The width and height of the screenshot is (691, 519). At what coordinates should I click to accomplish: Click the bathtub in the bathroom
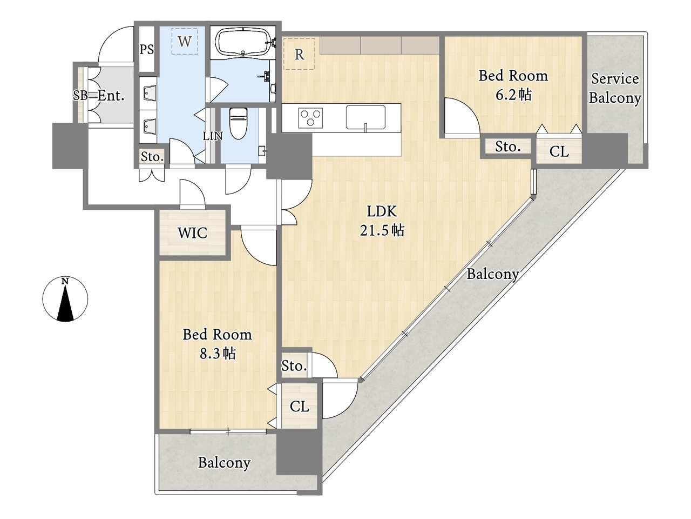click(243, 42)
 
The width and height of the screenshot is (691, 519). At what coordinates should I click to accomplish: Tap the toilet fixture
click(238, 123)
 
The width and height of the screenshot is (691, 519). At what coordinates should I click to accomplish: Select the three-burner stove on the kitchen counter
click(310, 117)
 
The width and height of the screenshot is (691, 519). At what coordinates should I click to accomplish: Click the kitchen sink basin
click(365, 117)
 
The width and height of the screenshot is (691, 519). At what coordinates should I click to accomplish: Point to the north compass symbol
click(65, 299)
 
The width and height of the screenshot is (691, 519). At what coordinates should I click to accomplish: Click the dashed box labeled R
click(299, 54)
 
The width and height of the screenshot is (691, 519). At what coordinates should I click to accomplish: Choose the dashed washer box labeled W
click(185, 41)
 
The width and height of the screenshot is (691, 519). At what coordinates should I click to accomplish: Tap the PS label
click(147, 50)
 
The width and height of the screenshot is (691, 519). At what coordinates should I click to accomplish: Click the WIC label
click(192, 233)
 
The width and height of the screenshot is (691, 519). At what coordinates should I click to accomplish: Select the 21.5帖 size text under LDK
click(382, 231)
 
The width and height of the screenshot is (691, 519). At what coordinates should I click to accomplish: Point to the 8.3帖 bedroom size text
click(218, 354)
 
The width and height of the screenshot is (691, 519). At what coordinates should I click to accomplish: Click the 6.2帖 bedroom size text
click(513, 94)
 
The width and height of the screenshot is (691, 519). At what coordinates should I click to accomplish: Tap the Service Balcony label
click(615, 89)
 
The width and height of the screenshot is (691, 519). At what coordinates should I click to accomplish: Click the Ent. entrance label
click(111, 96)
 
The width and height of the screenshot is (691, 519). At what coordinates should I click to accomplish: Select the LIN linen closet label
click(213, 136)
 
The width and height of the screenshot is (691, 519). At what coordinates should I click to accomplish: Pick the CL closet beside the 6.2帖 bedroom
click(559, 151)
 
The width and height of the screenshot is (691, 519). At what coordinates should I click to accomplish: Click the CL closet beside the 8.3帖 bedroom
click(300, 406)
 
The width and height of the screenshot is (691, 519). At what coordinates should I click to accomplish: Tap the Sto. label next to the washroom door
click(152, 157)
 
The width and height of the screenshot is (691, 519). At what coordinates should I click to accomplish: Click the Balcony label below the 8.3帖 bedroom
click(224, 463)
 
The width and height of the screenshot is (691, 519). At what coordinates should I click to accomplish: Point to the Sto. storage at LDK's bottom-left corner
click(294, 365)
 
